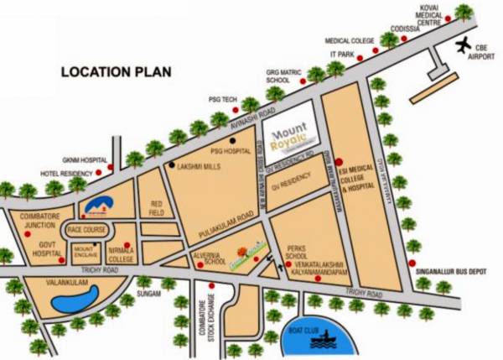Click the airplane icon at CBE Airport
(462, 44)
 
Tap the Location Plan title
(116, 72)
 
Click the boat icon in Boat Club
(319, 339)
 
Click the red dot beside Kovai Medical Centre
(449, 18)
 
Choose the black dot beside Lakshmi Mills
(171, 165)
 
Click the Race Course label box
(86, 229)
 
